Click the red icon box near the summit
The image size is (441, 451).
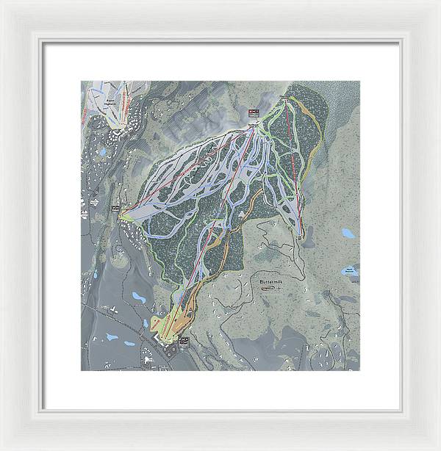point(254,112)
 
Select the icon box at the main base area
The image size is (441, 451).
point(183,341)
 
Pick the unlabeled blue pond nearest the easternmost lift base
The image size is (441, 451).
point(348,233)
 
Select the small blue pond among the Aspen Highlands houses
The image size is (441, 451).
point(102,152)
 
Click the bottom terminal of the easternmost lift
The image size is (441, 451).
point(301,234)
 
